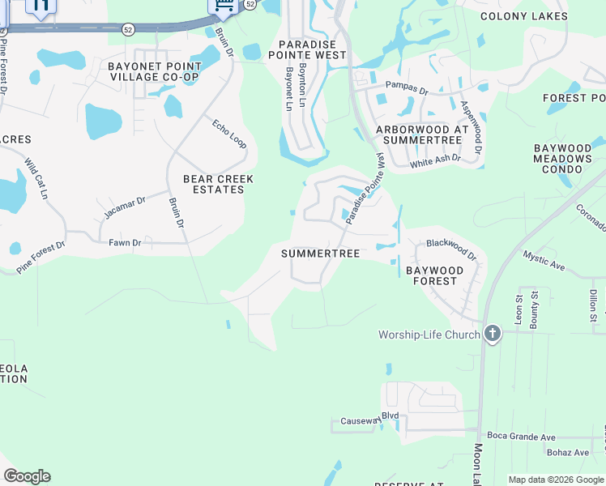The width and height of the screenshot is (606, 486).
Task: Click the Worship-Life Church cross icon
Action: pyautogui.click(x=492, y=335)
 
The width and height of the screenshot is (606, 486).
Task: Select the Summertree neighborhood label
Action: pyautogui.click(x=320, y=254)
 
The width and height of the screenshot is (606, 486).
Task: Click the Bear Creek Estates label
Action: pyautogui.click(x=219, y=184)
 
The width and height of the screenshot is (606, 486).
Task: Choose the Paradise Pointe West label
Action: pyautogui.click(x=312, y=49)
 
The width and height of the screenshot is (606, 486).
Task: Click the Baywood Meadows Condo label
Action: pyautogui.click(x=562, y=159)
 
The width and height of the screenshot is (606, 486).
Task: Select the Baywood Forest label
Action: pyautogui.click(x=435, y=275)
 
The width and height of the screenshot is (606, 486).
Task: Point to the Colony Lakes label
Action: pyautogui.click(x=524, y=16)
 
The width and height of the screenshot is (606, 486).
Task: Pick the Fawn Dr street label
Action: pyautogui.click(x=124, y=242)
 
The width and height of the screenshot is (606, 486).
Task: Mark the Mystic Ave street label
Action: pyautogui.click(x=544, y=259)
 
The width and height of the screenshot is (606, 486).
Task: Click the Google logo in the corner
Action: pyautogui.click(x=27, y=476)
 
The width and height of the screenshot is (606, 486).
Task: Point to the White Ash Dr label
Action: pyautogui.click(x=435, y=160)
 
